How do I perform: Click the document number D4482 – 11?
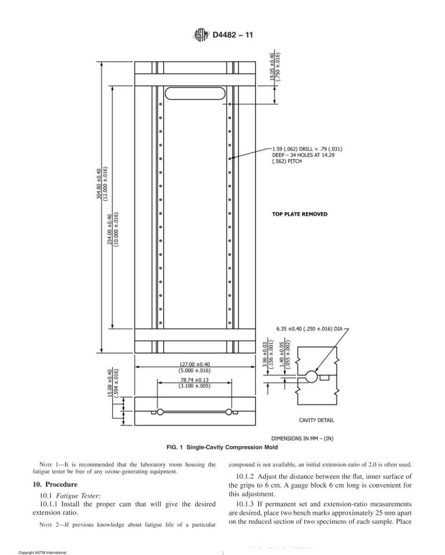point(233,36)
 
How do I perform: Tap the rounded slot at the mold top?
point(195,93)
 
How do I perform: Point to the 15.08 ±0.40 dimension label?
point(112,383)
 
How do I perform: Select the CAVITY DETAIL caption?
point(316,420)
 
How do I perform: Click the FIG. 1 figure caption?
point(222,447)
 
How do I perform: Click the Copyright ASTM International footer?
point(42,553)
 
